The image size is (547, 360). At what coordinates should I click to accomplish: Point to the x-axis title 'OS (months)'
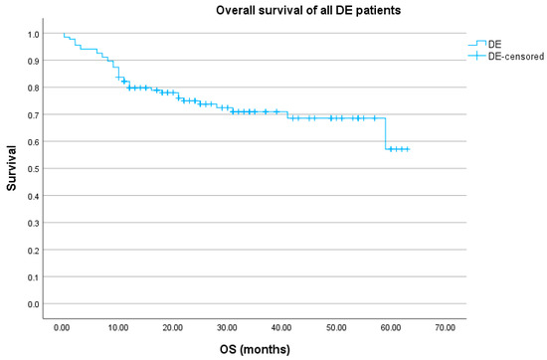click(x=250, y=350)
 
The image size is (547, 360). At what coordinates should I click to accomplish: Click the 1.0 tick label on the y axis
click(x=34, y=34)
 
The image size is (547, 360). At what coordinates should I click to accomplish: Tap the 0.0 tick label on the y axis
click(x=34, y=304)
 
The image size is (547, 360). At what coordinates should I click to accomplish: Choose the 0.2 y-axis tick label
click(x=34, y=251)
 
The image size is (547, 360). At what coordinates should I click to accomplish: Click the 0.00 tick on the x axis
click(x=62, y=326)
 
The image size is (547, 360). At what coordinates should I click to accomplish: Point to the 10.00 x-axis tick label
click(x=116, y=326)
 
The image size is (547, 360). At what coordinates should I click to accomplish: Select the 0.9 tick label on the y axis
click(x=34, y=61)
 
